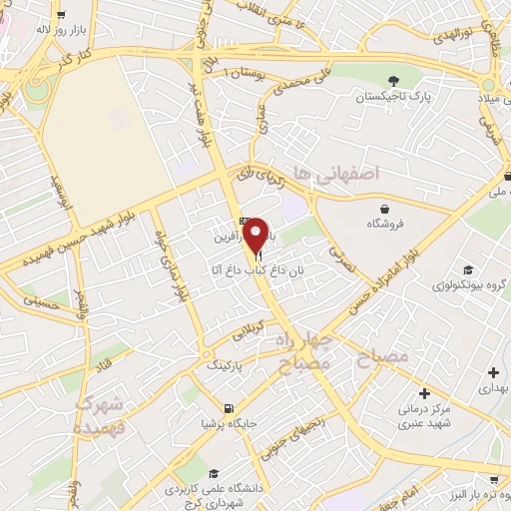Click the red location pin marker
point(256,236)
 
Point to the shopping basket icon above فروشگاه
point(385,208)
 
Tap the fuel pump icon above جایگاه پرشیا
point(231,406)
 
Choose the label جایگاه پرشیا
point(230,422)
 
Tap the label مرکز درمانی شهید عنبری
point(425,415)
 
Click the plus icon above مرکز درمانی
point(425,393)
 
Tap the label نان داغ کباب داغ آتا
point(251,269)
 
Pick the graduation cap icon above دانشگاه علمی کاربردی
point(214,474)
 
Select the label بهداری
point(491,383)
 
